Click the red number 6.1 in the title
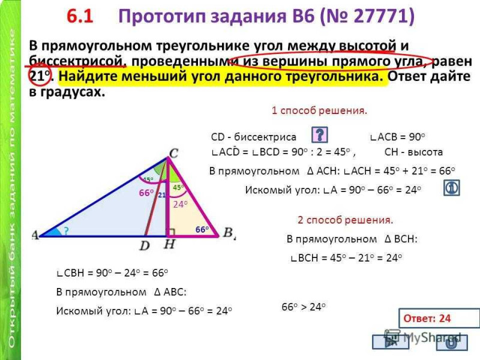(80, 16)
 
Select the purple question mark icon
(319, 134)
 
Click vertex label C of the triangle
(173, 152)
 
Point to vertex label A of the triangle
(35, 235)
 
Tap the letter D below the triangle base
(145, 245)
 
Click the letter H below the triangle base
(170, 244)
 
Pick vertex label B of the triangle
(228, 232)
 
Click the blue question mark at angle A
(66, 231)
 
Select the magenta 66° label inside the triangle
(146, 193)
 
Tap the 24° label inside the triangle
(181, 204)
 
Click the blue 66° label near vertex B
(202, 229)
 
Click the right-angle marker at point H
(171, 232)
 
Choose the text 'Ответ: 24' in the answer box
(427, 319)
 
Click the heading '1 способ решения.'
(319, 110)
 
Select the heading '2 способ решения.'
(346, 220)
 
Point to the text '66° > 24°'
(304, 307)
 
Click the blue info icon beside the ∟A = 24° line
(452, 188)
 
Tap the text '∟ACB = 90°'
(397, 137)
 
